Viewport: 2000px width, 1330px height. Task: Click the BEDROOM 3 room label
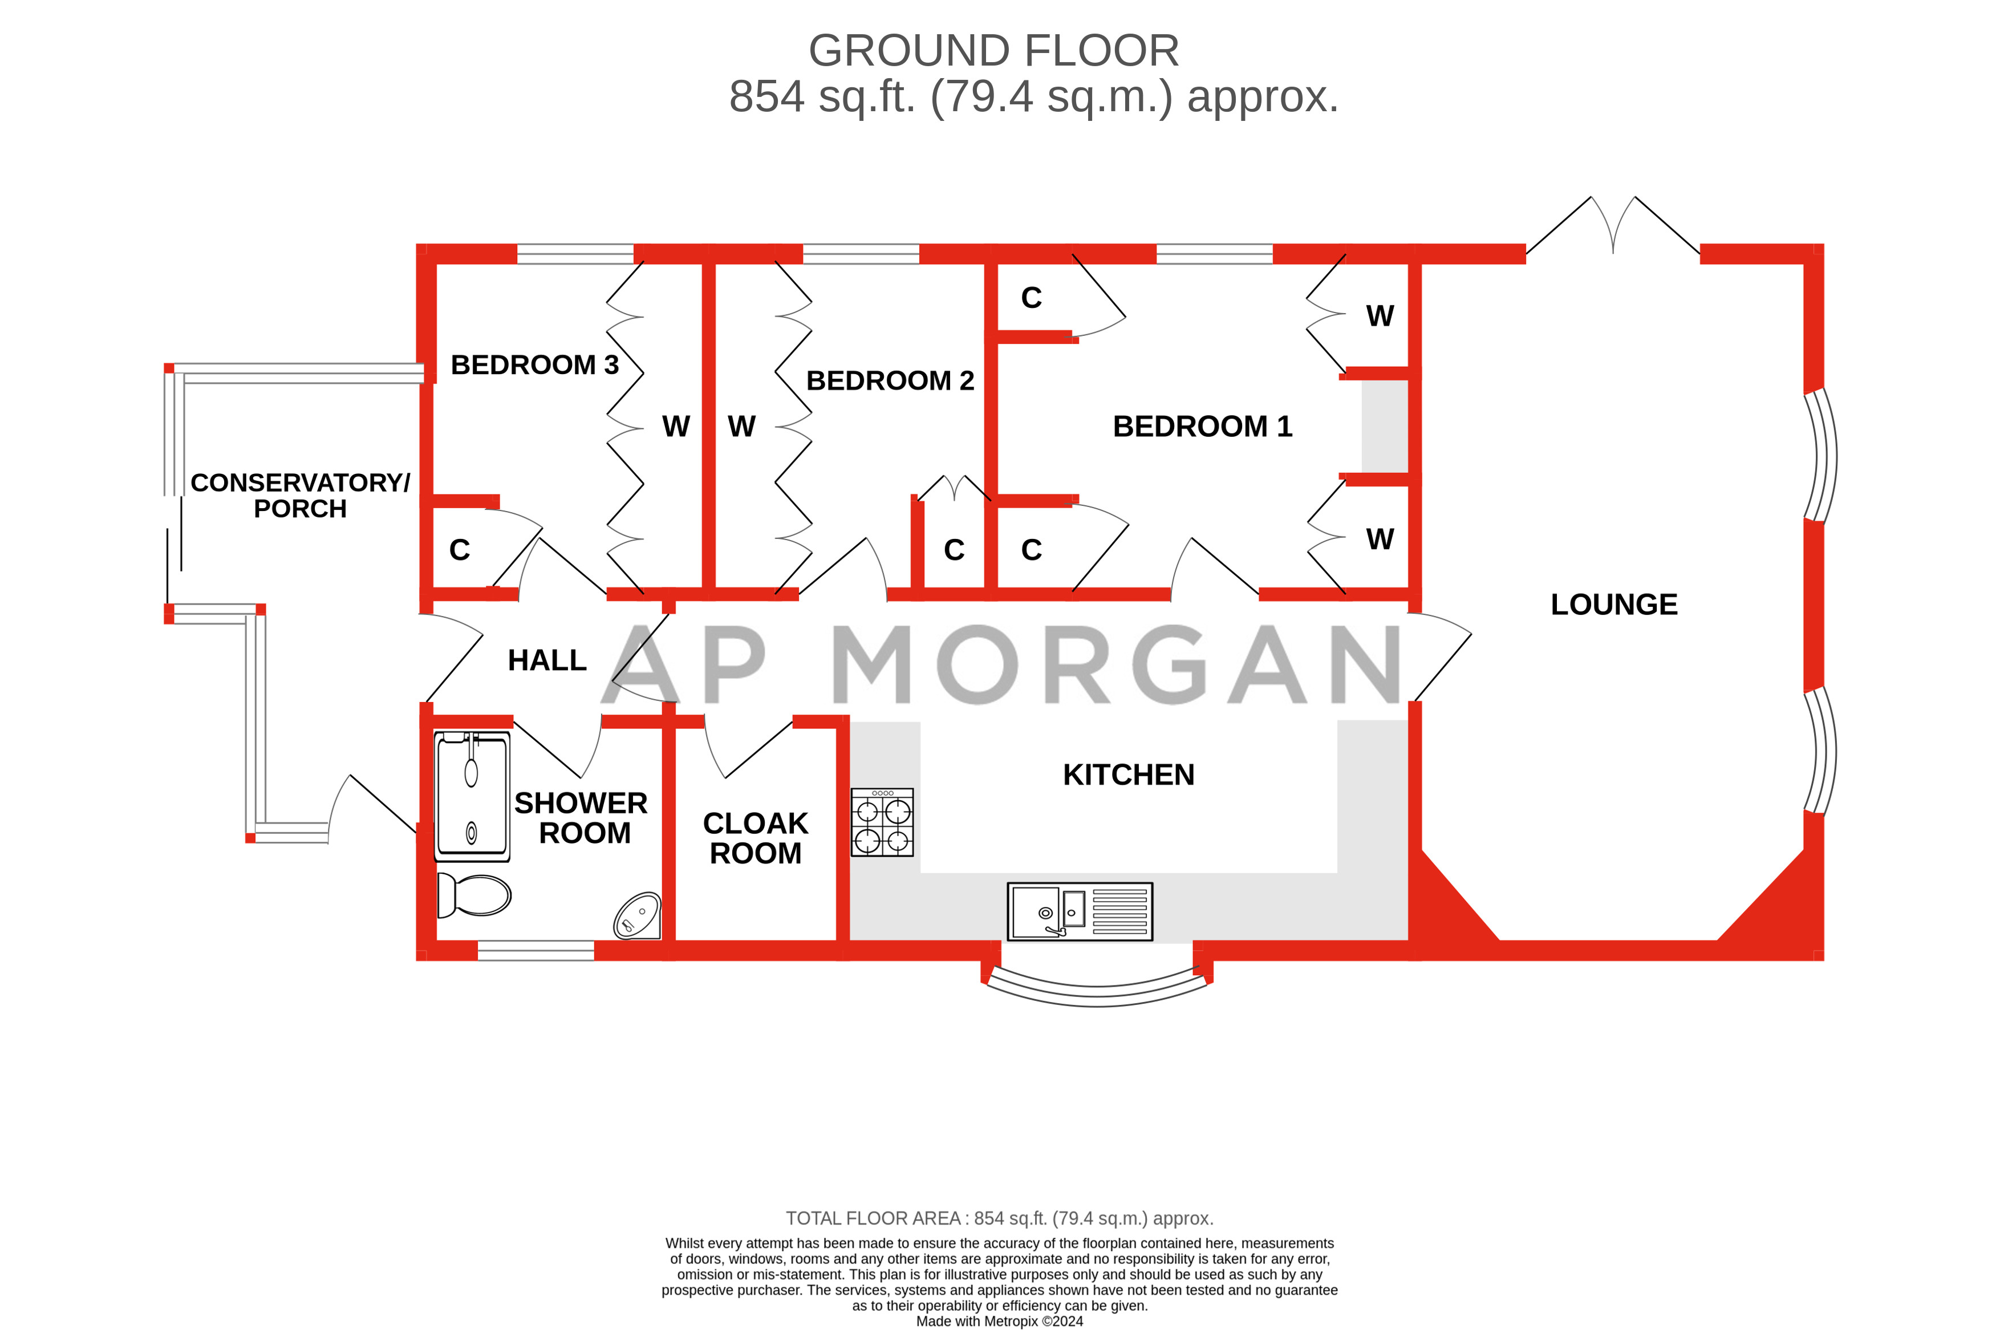click(534, 365)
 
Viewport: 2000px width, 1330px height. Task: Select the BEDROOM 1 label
click(1201, 427)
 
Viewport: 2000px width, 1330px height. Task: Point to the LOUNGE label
click(1613, 605)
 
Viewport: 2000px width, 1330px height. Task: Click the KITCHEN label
click(1128, 775)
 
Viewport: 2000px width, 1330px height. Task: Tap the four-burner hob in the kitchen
click(882, 822)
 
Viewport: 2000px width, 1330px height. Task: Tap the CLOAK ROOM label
click(755, 838)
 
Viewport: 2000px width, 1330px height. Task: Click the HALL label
click(547, 660)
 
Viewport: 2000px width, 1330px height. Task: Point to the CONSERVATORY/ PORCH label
click(299, 496)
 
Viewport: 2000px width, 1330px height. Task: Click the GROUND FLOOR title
click(993, 51)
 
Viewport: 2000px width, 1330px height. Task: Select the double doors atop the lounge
click(1612, 225)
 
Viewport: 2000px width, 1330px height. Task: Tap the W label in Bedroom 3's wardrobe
click(675, 427)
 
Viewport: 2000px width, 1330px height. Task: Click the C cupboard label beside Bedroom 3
click(459, 550)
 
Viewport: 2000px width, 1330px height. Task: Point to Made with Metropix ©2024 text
click(999, 1321)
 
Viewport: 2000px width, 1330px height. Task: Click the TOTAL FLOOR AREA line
click(999, 1218)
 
